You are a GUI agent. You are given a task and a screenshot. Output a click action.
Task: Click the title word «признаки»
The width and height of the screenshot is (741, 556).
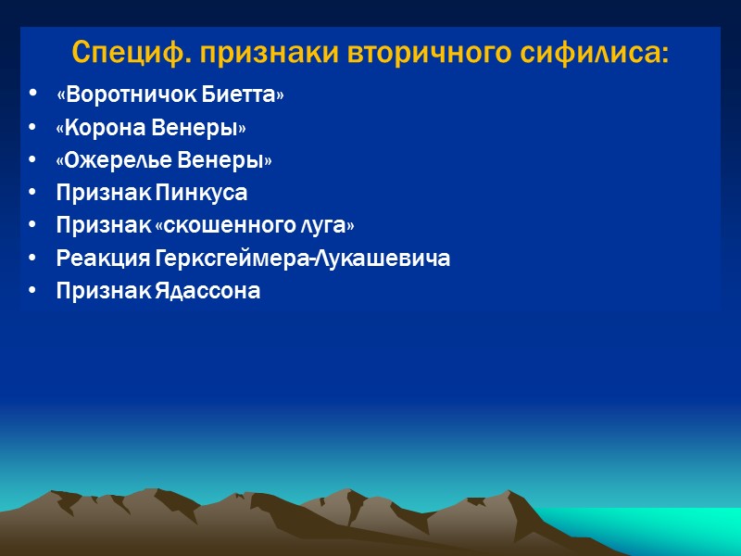pos(264,53)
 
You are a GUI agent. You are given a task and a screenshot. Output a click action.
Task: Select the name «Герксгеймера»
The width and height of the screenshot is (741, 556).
pos(230,259)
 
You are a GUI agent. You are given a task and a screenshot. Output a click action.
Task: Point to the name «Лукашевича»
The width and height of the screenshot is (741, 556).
pos(383,259)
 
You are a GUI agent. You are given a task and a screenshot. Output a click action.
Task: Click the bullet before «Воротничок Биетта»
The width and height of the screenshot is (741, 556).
pos(34,96)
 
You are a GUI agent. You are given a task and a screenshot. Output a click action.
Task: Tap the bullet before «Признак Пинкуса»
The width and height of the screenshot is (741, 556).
pos(34,194)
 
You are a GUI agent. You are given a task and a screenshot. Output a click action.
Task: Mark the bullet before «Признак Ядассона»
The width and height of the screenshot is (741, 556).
pos(34,291)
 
